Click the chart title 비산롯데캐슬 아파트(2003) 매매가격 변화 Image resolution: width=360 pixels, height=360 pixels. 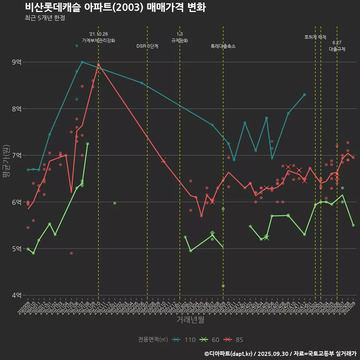tap(115, 7)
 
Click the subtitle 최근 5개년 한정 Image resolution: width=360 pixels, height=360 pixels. tap(45, 18)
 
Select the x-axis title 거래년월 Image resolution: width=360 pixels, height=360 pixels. tap(190, 320)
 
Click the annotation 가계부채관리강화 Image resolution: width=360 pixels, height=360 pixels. tap(99, 40)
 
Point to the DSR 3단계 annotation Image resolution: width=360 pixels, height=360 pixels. tap(147, 46)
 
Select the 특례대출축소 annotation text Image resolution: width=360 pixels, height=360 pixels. tap(223, 46)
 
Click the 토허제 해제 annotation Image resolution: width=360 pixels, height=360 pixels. tap(315, 37)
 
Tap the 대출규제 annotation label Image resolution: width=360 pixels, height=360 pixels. tap(337, 49)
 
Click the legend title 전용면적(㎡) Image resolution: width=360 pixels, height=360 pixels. tap(153, 340)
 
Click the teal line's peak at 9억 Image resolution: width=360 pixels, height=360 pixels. tap(82, 62)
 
